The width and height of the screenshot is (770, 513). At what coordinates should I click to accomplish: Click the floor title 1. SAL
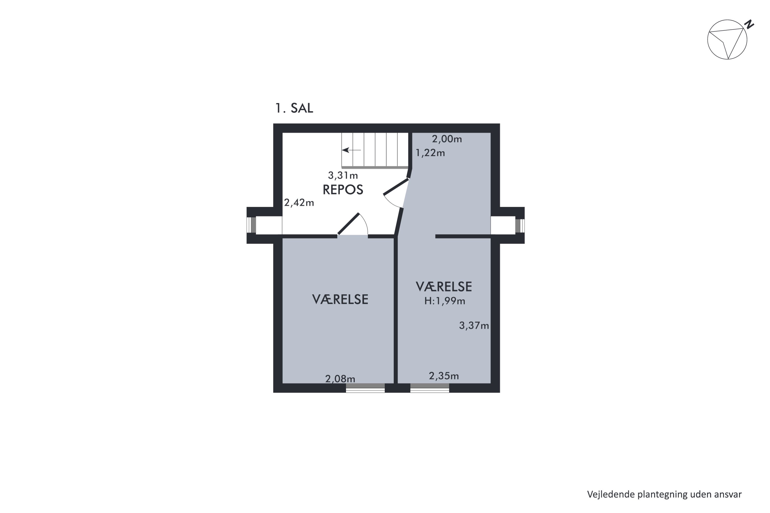[x=294, y=108]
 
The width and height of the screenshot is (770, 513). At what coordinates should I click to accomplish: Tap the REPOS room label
[x=343, y=190]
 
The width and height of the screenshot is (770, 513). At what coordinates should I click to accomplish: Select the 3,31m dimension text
[x=343, y=176]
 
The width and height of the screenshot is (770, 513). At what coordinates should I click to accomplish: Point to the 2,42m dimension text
[x=299, y=203]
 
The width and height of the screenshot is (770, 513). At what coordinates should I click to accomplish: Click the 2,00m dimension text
[x=447, y=139]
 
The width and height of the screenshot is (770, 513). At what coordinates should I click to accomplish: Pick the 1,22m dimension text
[x=430, y=153]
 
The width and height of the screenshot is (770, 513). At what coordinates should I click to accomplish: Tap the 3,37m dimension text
[x=474, y=325]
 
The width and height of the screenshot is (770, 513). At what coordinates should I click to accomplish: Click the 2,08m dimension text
[x=340, y=379]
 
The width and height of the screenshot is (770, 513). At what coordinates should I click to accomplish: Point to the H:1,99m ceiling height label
[x=445, y=301]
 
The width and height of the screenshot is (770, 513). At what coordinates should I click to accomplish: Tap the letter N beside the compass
[x=749, y=25]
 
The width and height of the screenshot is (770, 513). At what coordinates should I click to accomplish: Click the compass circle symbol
[x=727, y=40]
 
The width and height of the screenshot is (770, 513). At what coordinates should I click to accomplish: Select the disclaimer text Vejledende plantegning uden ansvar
[x=664, y=494]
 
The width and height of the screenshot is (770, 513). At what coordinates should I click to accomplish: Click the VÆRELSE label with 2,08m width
[x=340, y=299]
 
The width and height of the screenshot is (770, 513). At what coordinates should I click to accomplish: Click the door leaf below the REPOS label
[x=349, y=224]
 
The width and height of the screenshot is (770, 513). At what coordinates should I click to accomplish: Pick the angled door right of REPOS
[x=396, y=186]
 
